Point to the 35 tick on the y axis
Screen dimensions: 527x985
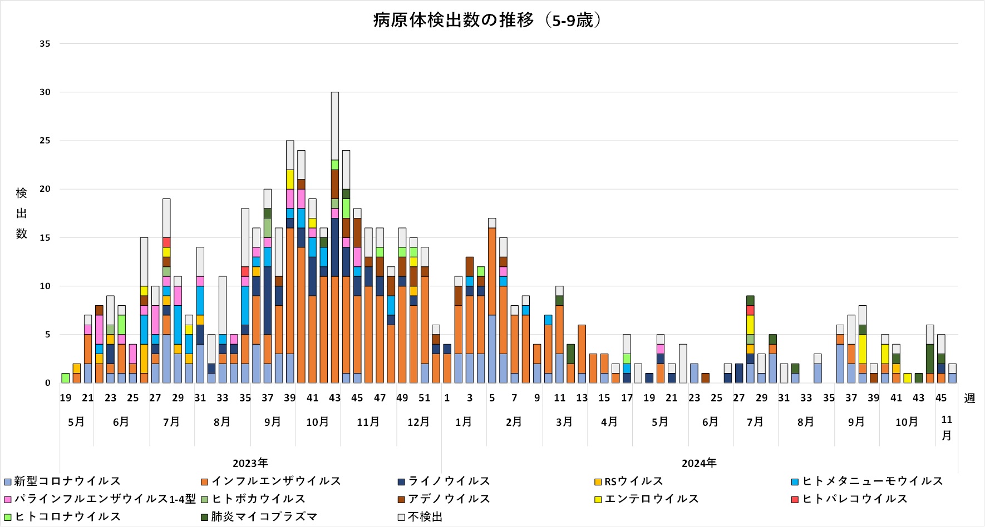[x=45, y=44]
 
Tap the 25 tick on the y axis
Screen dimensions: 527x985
[x=45, y=141]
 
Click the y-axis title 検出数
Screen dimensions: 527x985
[x=21, y=213]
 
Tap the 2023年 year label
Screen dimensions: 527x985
[x=250, y=463]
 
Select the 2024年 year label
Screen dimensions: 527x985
[x=699, y=463]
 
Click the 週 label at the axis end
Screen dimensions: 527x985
[x=969, y=398]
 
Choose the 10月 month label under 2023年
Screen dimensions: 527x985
[x=317, y=422]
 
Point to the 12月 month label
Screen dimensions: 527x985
[x=418, y=422]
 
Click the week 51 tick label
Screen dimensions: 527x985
[x=425, y=398]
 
